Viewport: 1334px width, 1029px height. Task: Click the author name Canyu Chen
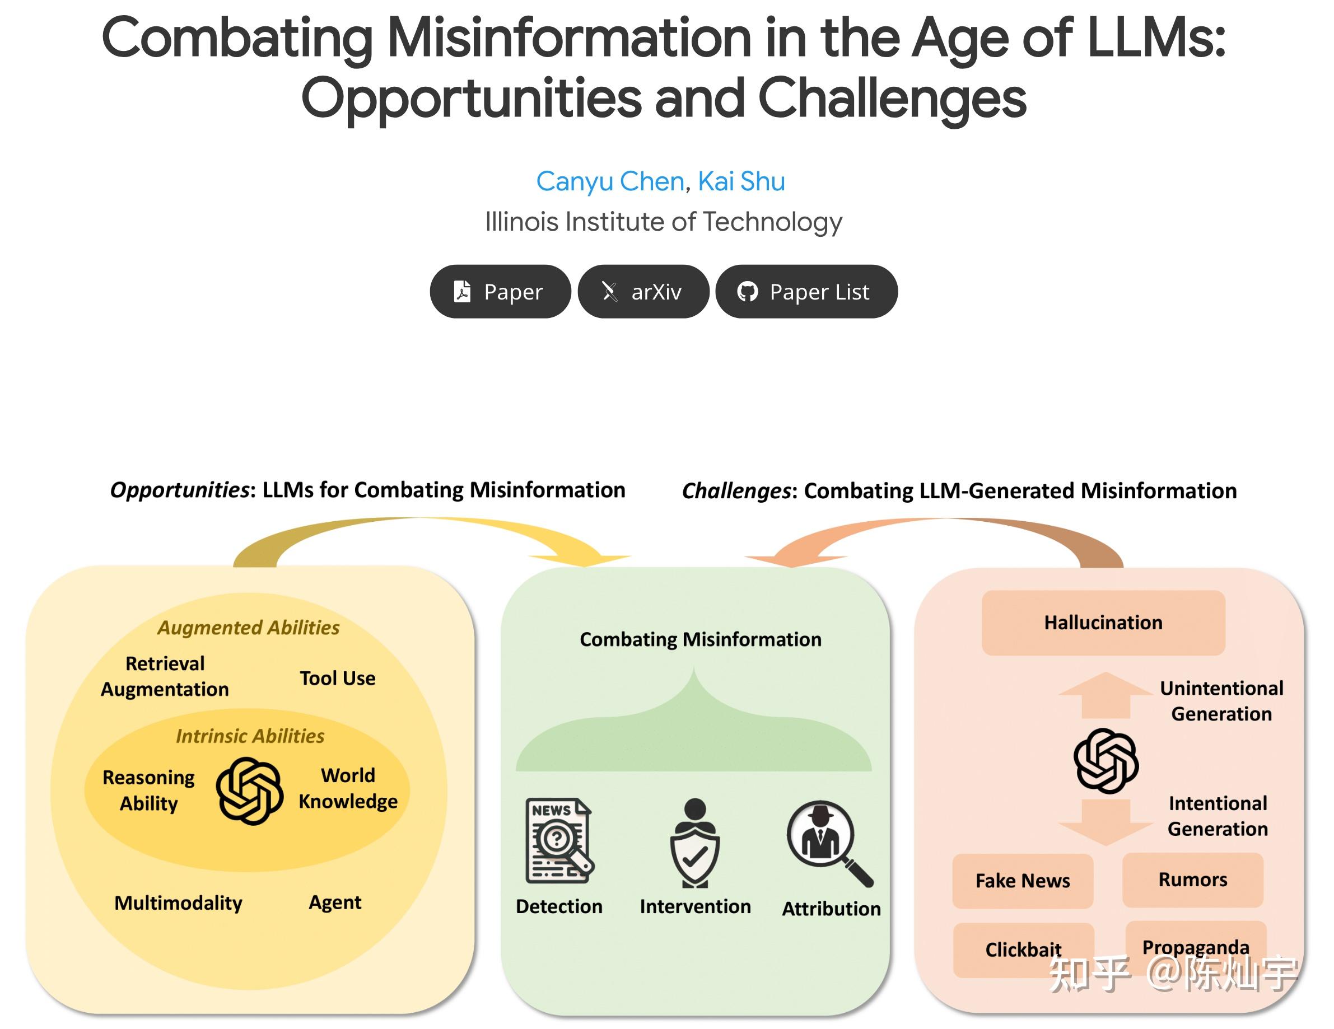[609, 181]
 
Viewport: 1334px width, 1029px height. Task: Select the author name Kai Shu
[741, 181]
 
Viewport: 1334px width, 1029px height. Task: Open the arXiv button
[643, 291]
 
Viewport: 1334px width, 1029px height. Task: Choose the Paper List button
[806, 291]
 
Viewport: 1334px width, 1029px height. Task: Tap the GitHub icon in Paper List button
[747, 292]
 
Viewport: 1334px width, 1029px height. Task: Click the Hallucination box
[1103, 623]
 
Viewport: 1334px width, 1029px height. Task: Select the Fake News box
[1022, 881]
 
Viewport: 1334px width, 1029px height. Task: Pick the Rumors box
[1192, 880]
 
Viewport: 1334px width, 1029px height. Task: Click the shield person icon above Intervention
[694, 843]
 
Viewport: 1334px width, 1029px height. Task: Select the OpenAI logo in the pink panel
[1106, 760]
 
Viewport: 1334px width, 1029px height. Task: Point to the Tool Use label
[337, 678]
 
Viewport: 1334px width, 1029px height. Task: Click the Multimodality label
[178, 902]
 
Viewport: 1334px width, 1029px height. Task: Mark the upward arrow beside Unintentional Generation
[1105, 694]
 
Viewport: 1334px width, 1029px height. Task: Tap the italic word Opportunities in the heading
[180, 490]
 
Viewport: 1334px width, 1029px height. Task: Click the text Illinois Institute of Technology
[663, 222]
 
